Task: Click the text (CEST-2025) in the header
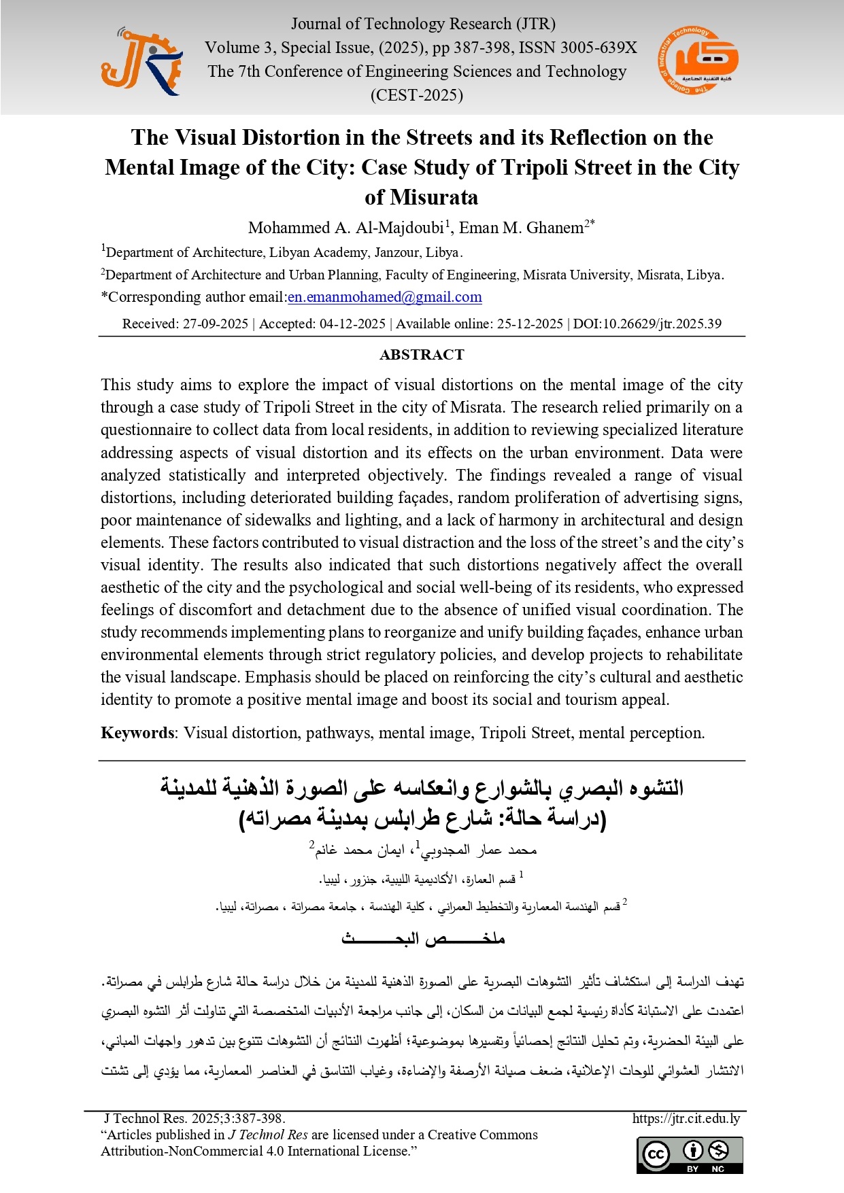click(x=416, y=95)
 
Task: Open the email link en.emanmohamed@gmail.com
click(x=385, y=297)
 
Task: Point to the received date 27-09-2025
click(x=215, y=324)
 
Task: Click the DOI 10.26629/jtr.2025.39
click(x=662, y=324)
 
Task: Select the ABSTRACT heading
click(x=422, y=355)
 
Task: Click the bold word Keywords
click(x=137, y=733)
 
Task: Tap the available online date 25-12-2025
click(x=529, y=324)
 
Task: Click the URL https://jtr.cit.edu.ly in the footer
click(x=686, y=1119)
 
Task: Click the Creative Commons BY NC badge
click(x=690, y=1155)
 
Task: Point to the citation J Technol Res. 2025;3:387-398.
click(x=195, y=1119)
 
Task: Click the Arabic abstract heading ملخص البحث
click(x=422, y=939)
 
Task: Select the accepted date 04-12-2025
click(x=352, y=324)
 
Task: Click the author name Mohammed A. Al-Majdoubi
click(x=345, y=228)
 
